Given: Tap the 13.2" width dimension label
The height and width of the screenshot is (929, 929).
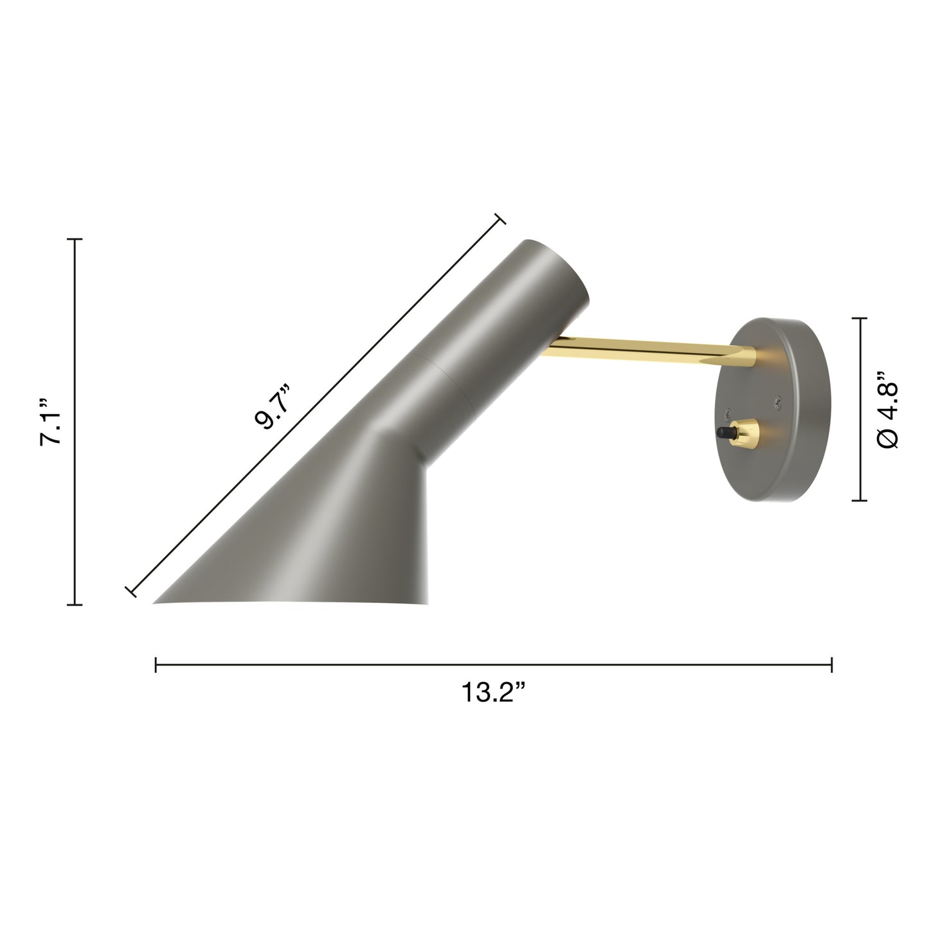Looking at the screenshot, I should tap(493, 692).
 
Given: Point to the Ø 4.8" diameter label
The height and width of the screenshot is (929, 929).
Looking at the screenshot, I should tap(889, 409).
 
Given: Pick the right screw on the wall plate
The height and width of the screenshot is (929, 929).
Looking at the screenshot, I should tap(779, 402).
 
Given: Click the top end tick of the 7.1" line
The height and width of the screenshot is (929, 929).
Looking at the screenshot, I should tap(75, 239).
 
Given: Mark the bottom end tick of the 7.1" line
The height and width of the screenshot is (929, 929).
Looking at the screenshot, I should tap(75, 604).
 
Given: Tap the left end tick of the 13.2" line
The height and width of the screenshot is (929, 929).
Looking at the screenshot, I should tap(156, 664).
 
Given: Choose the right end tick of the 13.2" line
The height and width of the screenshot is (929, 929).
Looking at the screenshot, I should tap(832, 664).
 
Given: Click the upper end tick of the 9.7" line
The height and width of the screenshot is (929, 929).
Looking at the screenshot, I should tap(499, 219).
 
